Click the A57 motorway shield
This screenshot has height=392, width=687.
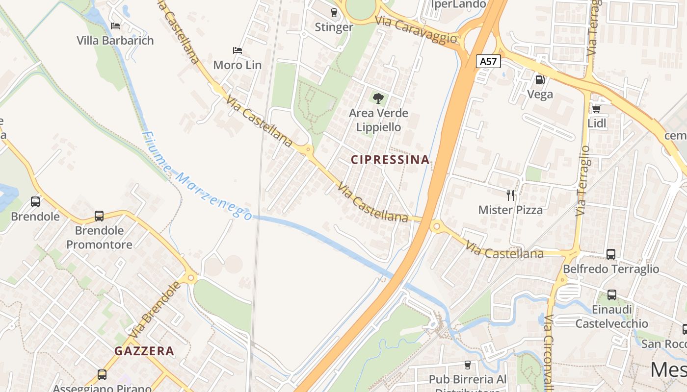tap(488, 61)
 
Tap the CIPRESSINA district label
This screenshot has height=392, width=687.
tap(390, 160)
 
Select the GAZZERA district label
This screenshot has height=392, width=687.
tap(144, 351)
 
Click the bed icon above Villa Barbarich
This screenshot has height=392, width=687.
tap(115, 25)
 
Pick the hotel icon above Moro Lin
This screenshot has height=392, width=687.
tap(238, 50)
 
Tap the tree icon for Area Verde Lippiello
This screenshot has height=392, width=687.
tap(378, 98)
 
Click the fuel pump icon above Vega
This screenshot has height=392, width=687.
tap(540, 79)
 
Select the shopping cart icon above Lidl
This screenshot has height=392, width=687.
tap(597, 109)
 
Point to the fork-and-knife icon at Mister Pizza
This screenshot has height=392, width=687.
tap(510, 196)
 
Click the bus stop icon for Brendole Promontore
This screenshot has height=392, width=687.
tap(99, 216)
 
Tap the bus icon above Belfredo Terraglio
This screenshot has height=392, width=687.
tap(611, 254)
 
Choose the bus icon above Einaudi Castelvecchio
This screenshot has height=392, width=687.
tap(612, 295)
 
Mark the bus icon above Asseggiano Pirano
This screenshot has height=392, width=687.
tap(102, 375)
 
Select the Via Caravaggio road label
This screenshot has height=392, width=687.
tap(416, 29)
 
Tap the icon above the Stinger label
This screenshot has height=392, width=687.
tap(334, 12)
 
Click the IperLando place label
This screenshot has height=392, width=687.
tap(458, 4)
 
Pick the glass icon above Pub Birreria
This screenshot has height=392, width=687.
tap(467, 365)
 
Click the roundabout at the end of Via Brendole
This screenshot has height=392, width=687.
tap(191, 278)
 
